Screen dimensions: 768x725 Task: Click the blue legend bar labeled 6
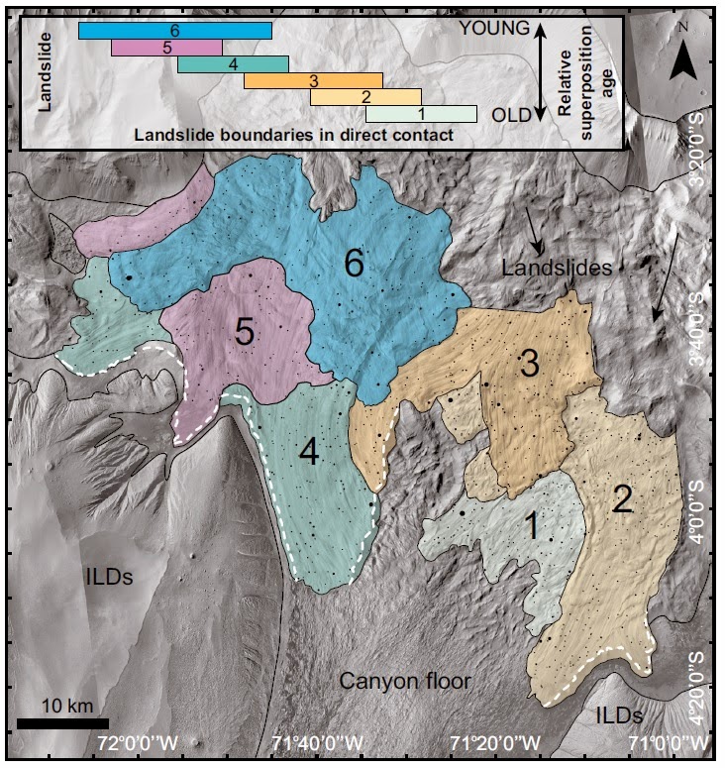(x=174, y=31)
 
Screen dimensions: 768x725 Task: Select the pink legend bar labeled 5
(x=166, y=48)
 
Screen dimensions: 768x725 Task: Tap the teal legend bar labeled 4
(x=233, y=64)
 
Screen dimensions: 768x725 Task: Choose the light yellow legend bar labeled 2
(x=365, y=97)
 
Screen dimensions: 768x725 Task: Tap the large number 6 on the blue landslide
(x=355, y=263)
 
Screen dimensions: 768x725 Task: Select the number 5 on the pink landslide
(x=245, y=333)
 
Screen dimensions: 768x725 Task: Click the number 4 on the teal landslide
(x=309, y=453)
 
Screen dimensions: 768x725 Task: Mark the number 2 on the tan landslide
(x=622, y=498)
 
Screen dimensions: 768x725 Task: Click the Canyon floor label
(x=404, y=681)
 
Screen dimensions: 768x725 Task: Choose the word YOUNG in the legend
(x=495, y=30)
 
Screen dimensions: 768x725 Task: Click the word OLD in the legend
(x=512, y=115)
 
